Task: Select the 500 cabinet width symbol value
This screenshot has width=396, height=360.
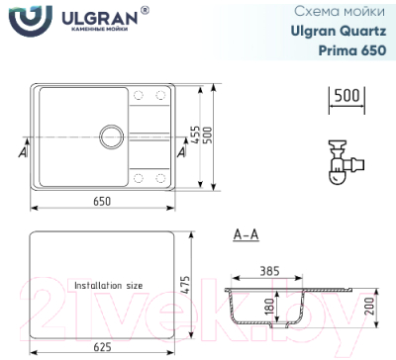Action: point(343,96)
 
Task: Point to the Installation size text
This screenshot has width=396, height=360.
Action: point(109,285)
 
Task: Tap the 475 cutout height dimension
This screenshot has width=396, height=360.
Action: point(183,285)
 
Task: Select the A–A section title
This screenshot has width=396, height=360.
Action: point(246,235)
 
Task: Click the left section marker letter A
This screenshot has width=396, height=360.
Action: point(23,151)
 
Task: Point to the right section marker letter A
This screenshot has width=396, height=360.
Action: point(180,151)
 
